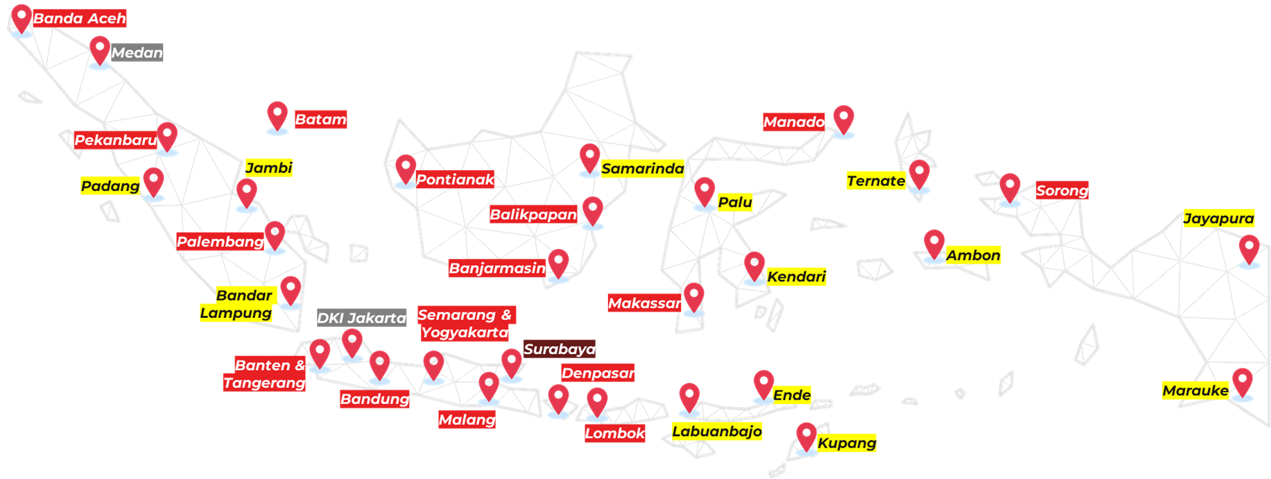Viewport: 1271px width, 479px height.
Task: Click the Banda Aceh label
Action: [79, 18]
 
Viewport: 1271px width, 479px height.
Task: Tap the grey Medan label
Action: [137, 53]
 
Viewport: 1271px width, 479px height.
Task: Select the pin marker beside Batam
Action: [277, 116]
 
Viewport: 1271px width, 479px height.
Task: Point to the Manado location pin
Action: [843, 119]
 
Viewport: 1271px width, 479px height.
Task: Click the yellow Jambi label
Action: [268, 168]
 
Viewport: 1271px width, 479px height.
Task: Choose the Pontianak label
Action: [455, 180]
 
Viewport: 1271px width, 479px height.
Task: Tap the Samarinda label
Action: [642, 169]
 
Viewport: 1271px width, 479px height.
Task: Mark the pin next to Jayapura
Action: [1249, 249]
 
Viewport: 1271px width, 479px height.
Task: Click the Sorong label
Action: [1062, 190]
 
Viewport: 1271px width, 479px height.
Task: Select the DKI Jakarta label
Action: [361, 318]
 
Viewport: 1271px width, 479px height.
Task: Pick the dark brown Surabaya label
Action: [560, 348]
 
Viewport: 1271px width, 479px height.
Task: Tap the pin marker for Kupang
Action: [806, 437]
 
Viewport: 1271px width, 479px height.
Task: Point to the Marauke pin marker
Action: [1241, 383]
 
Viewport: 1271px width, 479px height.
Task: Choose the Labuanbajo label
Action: [717, 431]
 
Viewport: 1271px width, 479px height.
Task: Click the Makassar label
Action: [644, 303]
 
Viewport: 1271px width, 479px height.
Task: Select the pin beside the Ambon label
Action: [934, 244]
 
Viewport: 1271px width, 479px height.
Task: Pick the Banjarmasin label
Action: [497, 268]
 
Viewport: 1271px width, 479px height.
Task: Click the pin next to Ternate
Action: [919, 174]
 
